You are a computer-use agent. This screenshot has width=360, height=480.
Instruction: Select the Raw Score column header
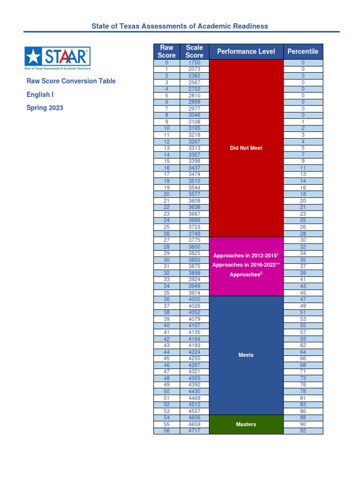tap(166, 52)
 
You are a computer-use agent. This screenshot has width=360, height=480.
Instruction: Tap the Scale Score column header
tap(194, 52)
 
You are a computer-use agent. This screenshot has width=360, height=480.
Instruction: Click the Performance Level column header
tap(246, 52)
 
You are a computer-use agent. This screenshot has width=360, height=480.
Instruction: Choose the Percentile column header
tap(303, 52)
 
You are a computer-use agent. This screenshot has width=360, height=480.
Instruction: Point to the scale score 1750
tap(194, 62)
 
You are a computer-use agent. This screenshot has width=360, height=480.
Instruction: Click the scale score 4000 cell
tap(194, 299)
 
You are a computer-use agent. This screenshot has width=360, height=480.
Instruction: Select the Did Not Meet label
tap(246, 148)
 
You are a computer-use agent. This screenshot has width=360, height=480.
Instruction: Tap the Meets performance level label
tap(246, 355)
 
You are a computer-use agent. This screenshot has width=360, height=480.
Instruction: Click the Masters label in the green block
tap(246, 424)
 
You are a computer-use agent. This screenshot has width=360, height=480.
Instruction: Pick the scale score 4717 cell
tap(194, 431)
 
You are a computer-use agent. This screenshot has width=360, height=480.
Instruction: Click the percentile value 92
tap(303, 431)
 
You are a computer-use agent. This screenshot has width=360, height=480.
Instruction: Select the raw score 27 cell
tap(166, 240)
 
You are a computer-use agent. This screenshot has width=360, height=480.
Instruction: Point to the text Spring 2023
tap(45, 108)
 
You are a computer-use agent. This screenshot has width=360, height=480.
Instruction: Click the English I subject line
tap(40, 95)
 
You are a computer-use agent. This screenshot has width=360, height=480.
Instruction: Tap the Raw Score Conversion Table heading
tap(71, 81)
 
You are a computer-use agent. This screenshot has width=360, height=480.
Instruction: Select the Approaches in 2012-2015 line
tap(246, 256)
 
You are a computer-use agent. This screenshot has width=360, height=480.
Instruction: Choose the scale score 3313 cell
tap(194, 148)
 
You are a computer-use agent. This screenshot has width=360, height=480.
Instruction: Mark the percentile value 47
tap(303, 299)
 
